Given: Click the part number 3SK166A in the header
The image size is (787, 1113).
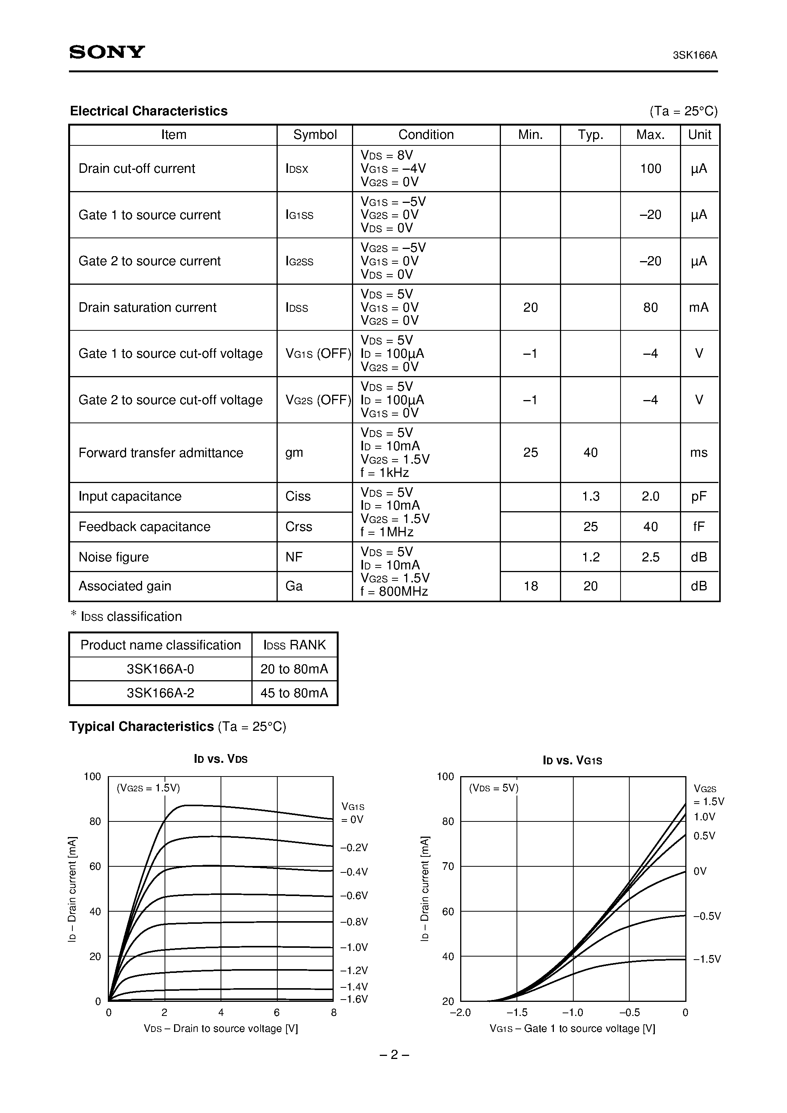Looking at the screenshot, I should pos(694,55).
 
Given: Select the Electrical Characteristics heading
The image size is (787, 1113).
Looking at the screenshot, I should pos(149,111).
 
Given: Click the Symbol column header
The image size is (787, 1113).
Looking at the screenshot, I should pos(315,135).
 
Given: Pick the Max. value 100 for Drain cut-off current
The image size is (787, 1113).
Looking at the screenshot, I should pos(650,169).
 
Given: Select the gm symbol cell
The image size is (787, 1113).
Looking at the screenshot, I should pos(294,452).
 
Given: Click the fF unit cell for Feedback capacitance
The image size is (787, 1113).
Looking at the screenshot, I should pos(699,526).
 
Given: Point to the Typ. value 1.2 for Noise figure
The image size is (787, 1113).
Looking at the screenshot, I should pos(590,557).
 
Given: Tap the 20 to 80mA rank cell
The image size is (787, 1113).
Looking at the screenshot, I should pos(294,669).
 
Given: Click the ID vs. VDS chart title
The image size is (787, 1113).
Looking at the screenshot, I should pos(221,759).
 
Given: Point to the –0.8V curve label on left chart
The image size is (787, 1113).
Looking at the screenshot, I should pos(354,922).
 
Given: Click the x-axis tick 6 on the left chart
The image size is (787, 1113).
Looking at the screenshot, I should pos(277,1012).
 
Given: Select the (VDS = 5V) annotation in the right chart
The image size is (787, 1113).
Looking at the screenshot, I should pos(493,788).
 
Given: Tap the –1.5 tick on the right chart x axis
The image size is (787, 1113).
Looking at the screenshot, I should pos(517,1012).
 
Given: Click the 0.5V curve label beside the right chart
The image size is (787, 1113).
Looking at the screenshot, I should pos(704,836).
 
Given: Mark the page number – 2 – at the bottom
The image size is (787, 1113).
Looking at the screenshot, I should pos(393,1054).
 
